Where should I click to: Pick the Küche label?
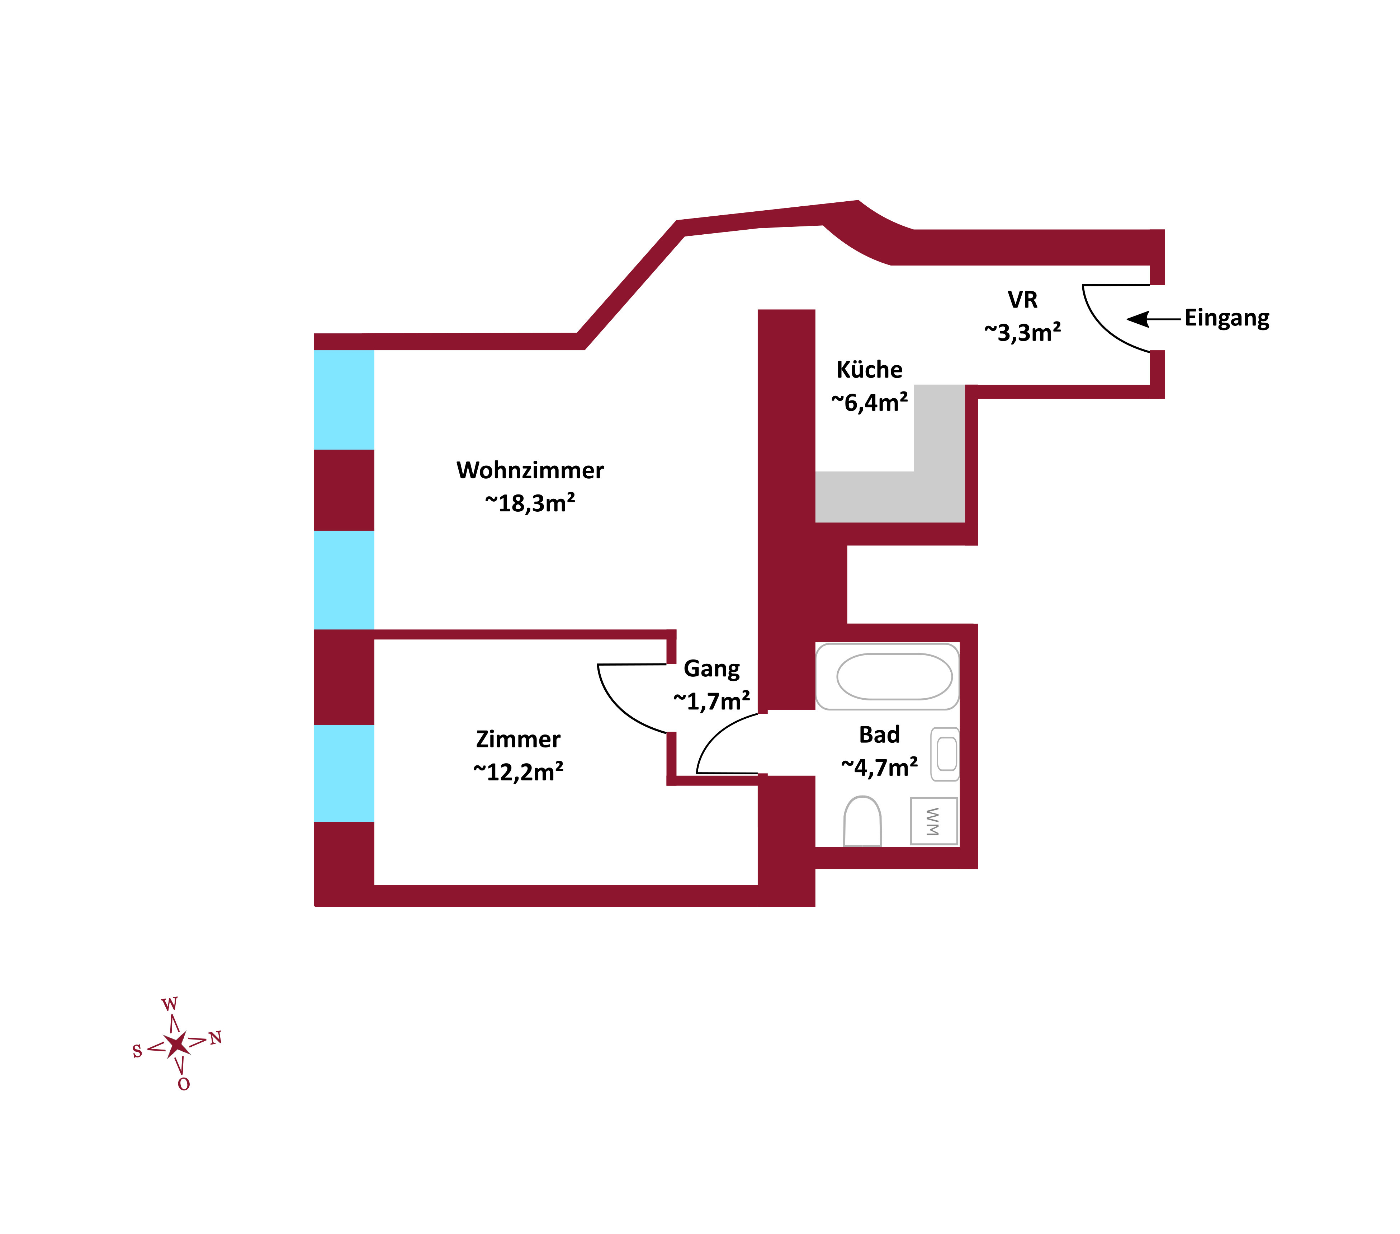(869, 370)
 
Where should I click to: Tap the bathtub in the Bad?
(894, 676)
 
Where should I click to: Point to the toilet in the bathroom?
(862, 821)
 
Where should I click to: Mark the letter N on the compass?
(216, 1038)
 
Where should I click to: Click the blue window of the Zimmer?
(344, 773)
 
